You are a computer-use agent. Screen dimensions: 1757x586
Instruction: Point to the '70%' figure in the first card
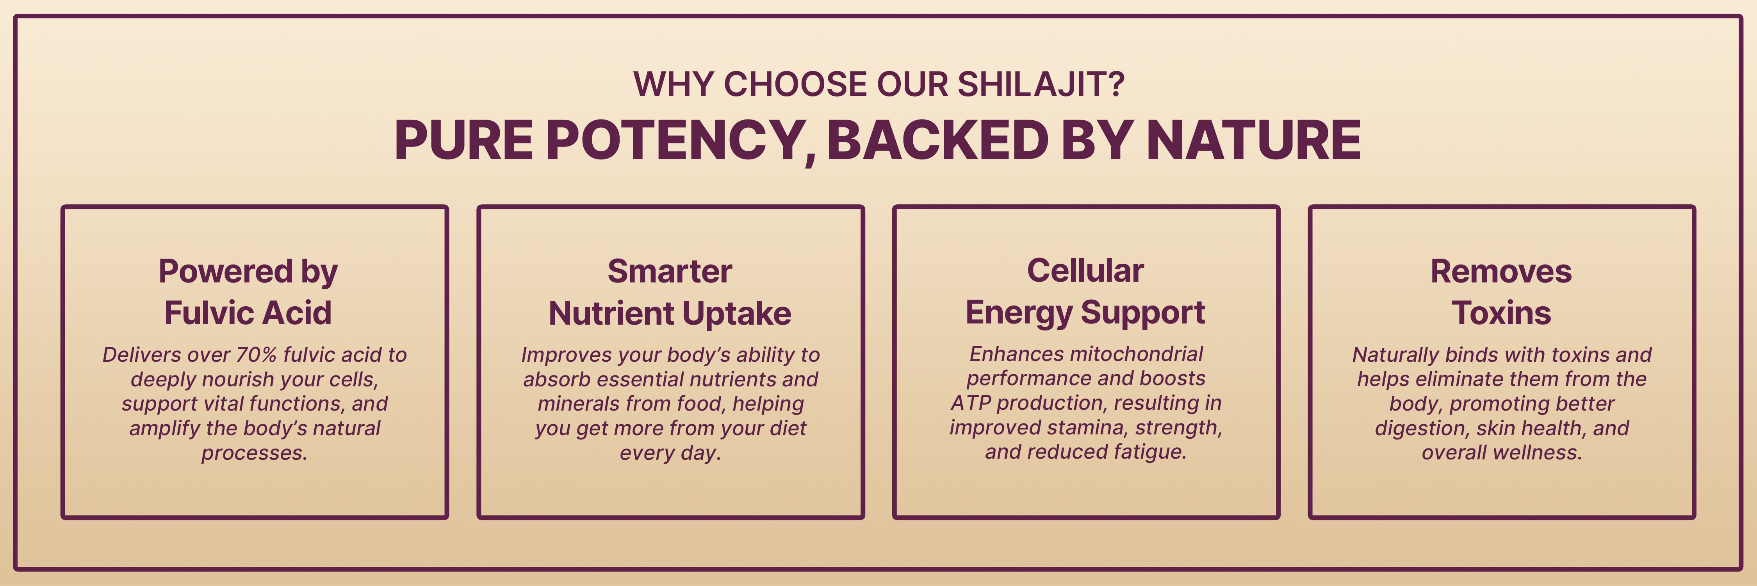click(257, 355)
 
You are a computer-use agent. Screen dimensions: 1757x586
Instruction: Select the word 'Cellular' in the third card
click(1085, 270)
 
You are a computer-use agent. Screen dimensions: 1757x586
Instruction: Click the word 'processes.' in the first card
click(255, 453)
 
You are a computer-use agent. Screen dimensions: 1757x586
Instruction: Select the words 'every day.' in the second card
click(670, 453)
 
